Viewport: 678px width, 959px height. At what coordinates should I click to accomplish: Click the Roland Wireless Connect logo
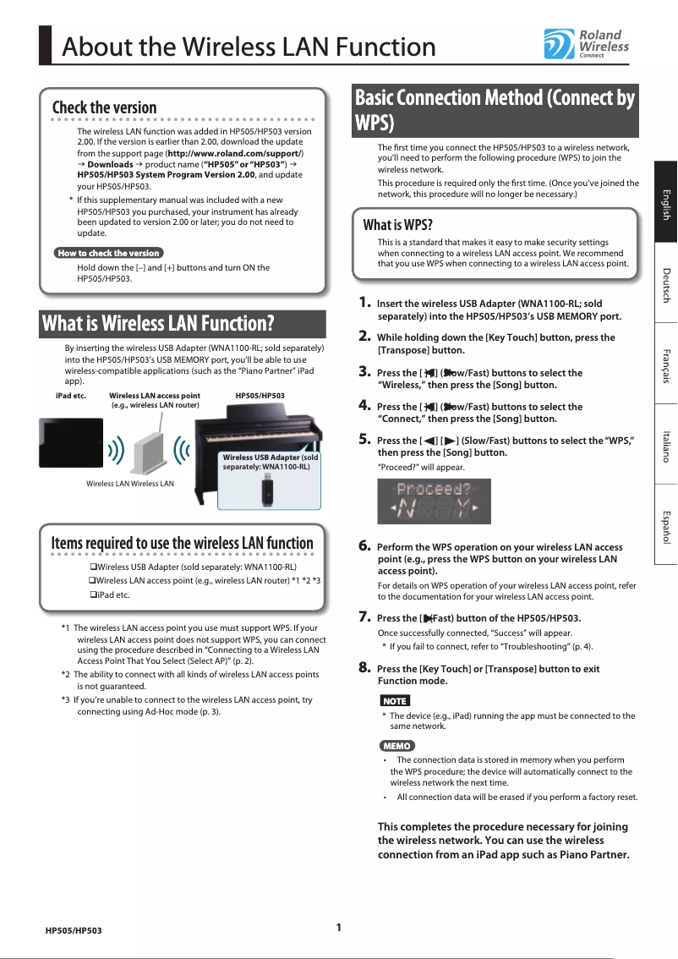(x=586, y=45)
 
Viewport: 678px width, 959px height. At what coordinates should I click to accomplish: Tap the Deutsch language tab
(x=665, y=282)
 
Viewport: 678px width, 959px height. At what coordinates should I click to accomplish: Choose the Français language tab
(x=665, y=363)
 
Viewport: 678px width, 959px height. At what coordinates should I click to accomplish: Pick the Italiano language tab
(x=665, y=443)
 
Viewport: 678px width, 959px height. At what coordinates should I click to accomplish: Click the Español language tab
(x=665, y=523)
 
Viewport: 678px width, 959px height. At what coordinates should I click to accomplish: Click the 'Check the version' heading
(x=104, y=107)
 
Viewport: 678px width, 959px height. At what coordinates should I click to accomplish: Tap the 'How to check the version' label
(x=108, y=253)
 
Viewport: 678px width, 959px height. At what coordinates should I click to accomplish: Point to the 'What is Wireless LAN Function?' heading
(x=158, y=323)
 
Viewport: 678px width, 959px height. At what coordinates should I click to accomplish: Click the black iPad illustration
(x=68, y=443)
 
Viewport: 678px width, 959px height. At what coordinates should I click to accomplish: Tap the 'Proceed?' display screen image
(x=434, y=501)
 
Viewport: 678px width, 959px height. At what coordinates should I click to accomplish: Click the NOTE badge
(x=394, y=701)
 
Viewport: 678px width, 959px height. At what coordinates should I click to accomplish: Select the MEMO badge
(x=396, y=746)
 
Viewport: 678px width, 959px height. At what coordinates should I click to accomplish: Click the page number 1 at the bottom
(x=338, y=927)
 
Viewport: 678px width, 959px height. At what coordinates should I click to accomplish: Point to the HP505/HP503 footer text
(x=74, y=930)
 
